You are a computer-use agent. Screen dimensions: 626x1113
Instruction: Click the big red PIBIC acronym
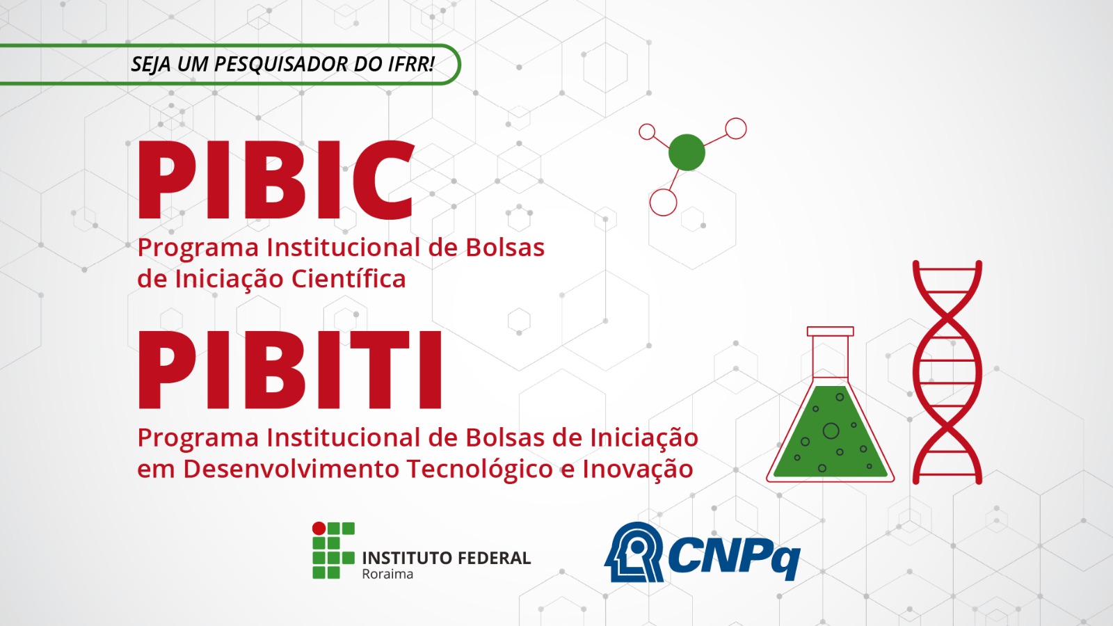(x=276, y=180)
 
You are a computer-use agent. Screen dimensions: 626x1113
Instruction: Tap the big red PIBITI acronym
(x=290, y=370)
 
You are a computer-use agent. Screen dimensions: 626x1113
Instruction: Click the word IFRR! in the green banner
(x=411, y=64)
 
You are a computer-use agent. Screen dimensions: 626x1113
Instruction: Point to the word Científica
(x=348, y=279)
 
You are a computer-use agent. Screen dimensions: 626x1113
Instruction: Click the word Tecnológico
(x=479, y=469)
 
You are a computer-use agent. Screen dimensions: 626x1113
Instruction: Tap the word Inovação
(x=637, y=469)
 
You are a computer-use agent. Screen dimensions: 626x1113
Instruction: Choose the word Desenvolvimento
(x=291, y=469)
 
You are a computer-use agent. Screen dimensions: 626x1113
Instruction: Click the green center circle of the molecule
(x=687, y=152)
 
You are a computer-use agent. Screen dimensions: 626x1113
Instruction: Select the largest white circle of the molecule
(x=663, y=202)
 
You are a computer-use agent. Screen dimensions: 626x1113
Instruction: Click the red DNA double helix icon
(x=947, y=372)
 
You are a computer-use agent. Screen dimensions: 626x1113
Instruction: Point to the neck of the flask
(x=830, y=355)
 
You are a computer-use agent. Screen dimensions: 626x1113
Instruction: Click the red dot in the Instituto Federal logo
(x=319, y=529)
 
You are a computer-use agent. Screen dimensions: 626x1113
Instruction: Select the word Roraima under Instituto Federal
(x=387, y=575)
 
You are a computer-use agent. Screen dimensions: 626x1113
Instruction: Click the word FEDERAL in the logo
(x=494, y=558)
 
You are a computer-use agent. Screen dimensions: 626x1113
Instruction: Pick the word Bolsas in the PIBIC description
(x=505, y=248)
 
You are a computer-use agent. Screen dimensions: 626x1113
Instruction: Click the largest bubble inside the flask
(x=831, y=431)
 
